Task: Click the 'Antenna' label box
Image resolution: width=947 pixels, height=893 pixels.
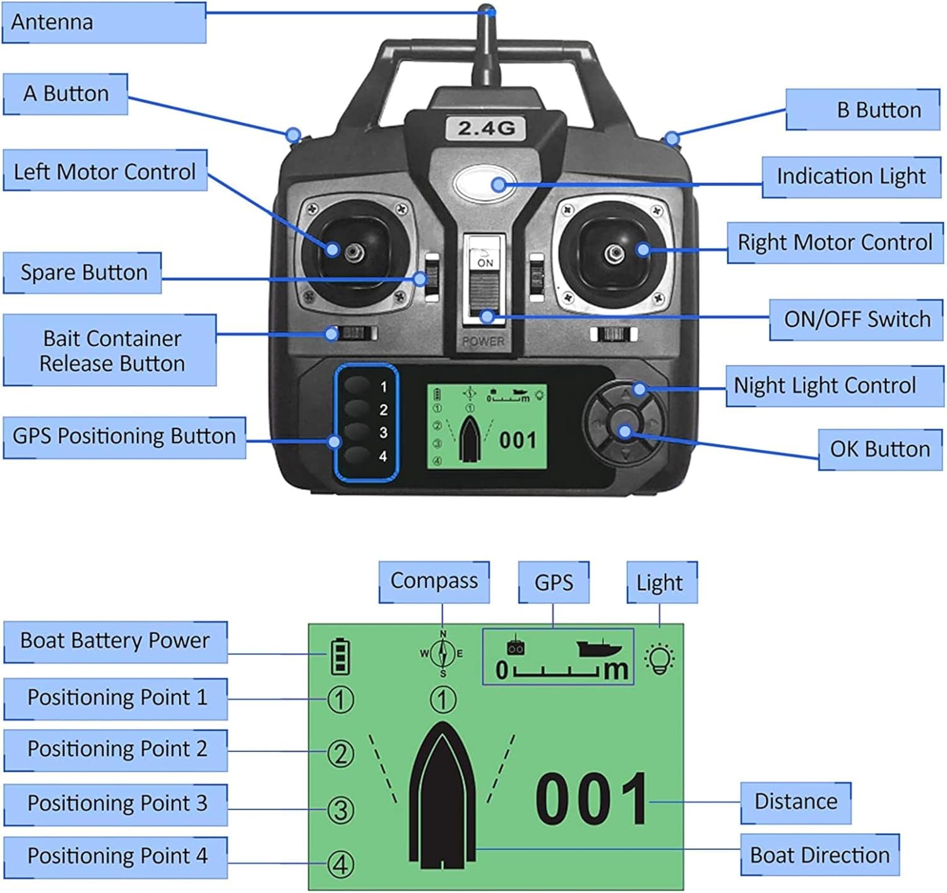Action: point(104,23)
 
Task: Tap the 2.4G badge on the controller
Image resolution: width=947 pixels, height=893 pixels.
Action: point(485,128)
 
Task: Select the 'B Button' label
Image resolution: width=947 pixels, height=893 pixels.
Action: point(862,110)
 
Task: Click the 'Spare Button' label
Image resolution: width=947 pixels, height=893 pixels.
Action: point(83,273)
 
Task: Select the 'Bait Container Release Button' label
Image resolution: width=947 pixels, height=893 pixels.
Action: point(110,350)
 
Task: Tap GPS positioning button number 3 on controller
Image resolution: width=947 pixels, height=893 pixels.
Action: point(357,432)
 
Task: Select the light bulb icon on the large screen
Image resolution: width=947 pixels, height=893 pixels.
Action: point(660,658)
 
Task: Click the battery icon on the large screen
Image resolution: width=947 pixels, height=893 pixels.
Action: point(340,656)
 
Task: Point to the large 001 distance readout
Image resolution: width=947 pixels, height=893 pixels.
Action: point(591,799)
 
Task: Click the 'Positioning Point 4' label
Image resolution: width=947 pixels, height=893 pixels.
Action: point(116,856)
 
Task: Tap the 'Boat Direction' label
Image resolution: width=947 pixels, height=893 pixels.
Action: point(819,855)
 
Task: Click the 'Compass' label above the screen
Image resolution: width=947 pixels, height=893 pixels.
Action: point(434,581)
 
